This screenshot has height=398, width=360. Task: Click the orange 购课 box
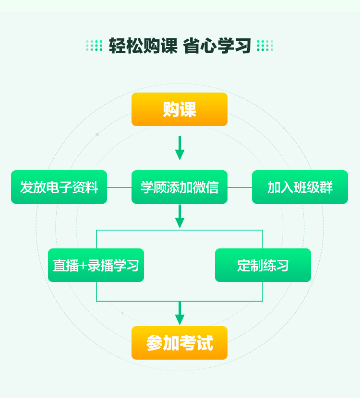pos(180,109)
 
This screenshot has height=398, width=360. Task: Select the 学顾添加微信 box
pos(180,187)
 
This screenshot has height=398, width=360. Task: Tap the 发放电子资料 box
pos(59,187)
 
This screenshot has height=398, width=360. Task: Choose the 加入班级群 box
pos(300,187)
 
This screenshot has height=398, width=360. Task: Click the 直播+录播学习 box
pos(96,265)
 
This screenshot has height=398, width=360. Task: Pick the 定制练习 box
pos(263,265)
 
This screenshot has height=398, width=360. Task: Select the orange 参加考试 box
pos(180,343)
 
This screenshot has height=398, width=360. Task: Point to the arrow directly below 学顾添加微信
pos(180,217)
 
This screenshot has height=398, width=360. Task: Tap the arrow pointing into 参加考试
pos(180,314)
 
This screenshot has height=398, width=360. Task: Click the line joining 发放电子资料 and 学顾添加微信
pos(119,187)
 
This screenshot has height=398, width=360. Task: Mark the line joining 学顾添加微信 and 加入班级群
pos(240,187)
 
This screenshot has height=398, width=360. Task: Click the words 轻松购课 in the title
pos(143,46)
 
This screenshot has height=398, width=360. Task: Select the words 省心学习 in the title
pos(217,46)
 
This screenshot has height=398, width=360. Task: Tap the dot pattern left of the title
pos(94,46)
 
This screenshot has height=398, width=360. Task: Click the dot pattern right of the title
pos(265,46)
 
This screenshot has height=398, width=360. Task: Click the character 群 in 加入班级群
pos(326,187)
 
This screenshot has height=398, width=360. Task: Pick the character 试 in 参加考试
pos(205,343)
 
